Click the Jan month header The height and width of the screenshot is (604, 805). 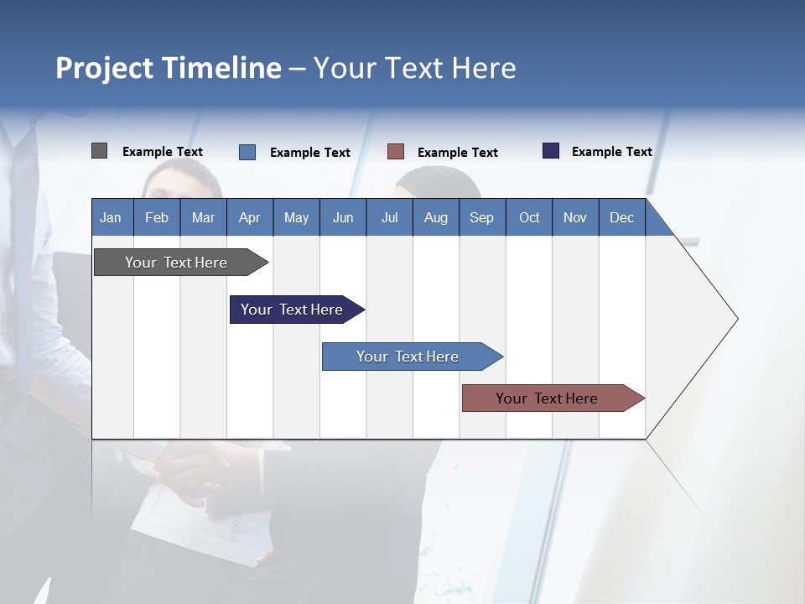pos(111,218)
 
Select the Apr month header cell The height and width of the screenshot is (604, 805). pos(249,218)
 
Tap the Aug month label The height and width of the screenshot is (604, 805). pos(435,218)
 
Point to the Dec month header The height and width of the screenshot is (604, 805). pos(621,218)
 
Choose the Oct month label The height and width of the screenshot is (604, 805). pos(529,218)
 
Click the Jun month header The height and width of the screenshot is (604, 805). pos(342,218)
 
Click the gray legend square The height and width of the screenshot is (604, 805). pos(99,151)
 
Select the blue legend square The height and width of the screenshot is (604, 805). pos(247,152)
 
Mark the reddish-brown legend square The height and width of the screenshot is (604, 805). pos(396,152)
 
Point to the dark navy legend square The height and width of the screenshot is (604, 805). pos(551,151)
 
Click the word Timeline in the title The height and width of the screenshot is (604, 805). pos(221,68)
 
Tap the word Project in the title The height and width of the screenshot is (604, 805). pos(104,68)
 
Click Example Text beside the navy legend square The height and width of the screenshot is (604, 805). pos(611,152)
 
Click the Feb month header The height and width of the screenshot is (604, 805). pos(157,218)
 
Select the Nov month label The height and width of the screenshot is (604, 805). pos(575,218)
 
